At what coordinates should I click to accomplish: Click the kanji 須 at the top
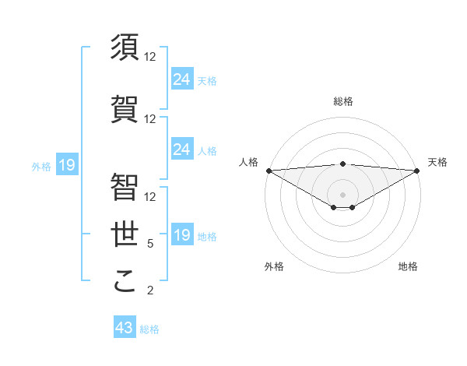click(125, 48)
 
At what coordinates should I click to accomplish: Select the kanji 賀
click(125, 110)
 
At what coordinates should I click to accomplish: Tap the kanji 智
click(125, 188)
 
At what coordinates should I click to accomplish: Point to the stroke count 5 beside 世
click(150, 244)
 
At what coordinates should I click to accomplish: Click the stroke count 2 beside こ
click(150, 290)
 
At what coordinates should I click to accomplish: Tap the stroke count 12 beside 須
click(150, 57)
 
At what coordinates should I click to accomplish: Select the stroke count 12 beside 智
click(150, 197)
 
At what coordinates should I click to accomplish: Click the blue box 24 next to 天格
click(181, 79)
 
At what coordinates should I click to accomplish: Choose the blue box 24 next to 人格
click(181, 150)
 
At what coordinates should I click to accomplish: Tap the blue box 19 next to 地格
click(181, 235)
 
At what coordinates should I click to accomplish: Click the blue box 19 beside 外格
click(66, 165)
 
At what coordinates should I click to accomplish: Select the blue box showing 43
click(125, 328)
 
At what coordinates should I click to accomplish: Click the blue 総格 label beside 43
click(149, 329)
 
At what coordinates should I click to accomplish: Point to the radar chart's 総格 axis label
click(342, 101)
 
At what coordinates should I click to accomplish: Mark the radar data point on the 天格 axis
click(416, 170)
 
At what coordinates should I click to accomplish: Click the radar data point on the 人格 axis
click(269, 170)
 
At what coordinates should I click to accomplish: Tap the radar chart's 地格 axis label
click(408, 266)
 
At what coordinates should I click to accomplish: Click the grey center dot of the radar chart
click(342, 194)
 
